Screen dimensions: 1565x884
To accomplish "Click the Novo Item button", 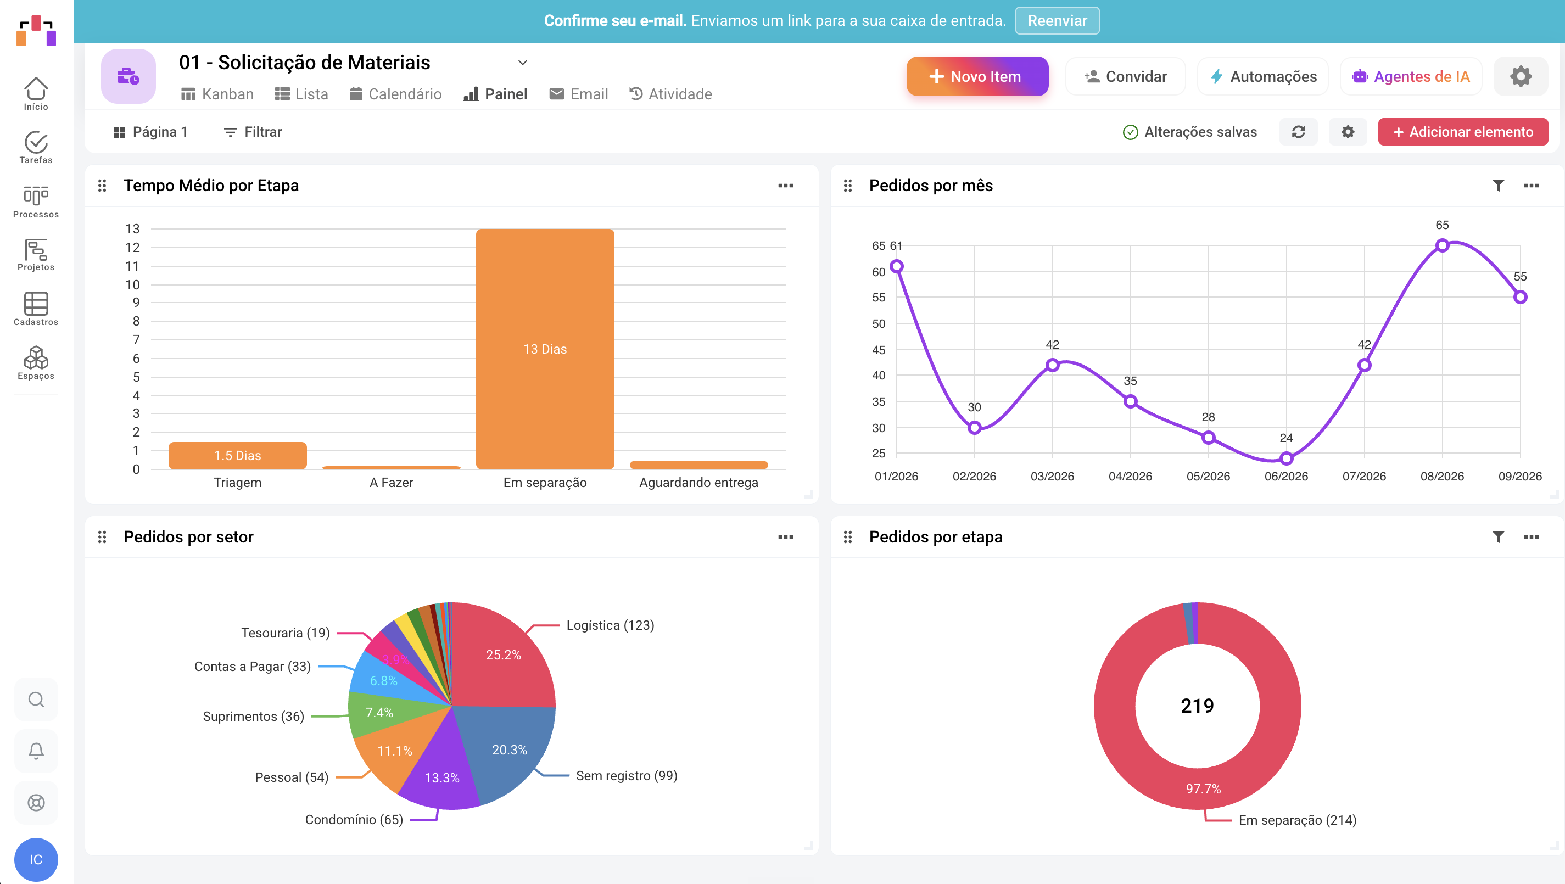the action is (977, 76).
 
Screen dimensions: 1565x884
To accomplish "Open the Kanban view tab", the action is (217, 94).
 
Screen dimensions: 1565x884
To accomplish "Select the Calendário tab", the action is (395, 94).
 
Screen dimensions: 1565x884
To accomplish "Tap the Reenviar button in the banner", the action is (1057, 21).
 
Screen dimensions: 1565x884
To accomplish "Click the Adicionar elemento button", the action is (1462, 132).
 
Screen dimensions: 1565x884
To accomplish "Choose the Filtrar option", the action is (253, 132).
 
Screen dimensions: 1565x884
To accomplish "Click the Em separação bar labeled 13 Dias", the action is (545, 349).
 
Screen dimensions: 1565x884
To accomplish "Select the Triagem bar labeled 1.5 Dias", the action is (238, 456).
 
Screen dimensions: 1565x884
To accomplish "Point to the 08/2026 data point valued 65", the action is (1443, 245).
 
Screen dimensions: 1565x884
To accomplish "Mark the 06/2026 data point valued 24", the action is (1286, 458).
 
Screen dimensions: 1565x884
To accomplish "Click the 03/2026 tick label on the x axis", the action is (1052, 477).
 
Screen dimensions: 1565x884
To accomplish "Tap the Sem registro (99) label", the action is (627, 776).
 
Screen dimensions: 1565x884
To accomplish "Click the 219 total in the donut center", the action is (1197, 706).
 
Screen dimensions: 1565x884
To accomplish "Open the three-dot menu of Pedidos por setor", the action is (786, 537).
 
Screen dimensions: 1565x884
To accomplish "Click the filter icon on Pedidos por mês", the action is (1498, 185).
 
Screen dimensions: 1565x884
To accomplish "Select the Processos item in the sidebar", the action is (36, 202).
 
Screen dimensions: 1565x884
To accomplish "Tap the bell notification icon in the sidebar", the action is (36, 751).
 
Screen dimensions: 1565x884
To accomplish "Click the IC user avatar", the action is (36, 859).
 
